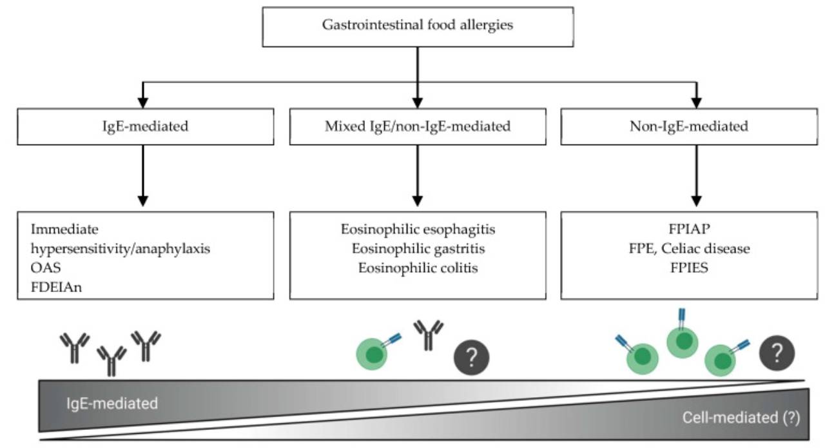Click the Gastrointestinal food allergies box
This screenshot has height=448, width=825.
point(418,26)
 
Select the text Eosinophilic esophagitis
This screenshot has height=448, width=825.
point(418,229)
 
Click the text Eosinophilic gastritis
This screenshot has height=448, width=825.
point(418,248)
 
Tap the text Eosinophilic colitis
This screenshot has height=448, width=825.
point(418,268)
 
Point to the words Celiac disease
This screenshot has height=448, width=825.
point(708,248)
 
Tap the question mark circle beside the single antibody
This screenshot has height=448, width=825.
point(472,355)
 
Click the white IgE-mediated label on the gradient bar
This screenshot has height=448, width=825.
point(112,404)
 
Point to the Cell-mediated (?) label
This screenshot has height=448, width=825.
point(741,418)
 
